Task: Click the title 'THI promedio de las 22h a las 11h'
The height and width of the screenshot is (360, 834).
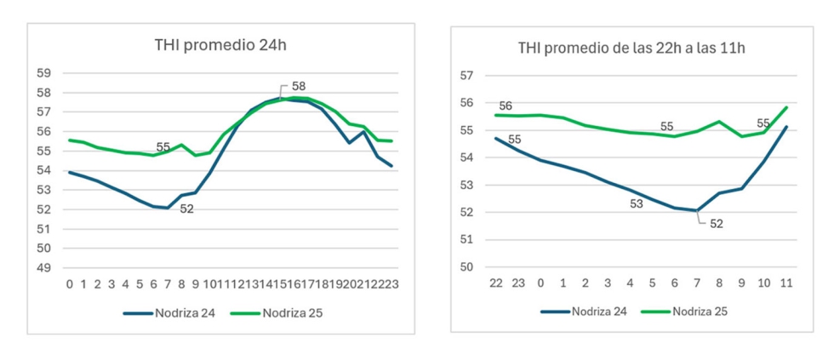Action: coord(631,48)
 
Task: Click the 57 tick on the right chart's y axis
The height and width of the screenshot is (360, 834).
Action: coord(466,75)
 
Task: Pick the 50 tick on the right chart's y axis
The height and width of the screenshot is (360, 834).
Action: coord(466,267)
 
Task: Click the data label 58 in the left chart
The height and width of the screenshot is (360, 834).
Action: coord(298,86)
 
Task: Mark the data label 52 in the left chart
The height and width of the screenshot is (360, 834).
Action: coord(187,209)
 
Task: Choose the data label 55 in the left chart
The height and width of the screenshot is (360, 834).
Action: coord(163,146)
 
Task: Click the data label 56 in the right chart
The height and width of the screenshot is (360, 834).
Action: coord(506,106)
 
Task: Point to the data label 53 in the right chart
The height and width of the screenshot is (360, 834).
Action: coord(636,203)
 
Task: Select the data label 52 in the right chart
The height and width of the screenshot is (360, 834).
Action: coord(717,225)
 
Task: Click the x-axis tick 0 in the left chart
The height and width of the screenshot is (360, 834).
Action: coord(70,284)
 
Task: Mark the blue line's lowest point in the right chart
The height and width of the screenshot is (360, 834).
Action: coord(697,210)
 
